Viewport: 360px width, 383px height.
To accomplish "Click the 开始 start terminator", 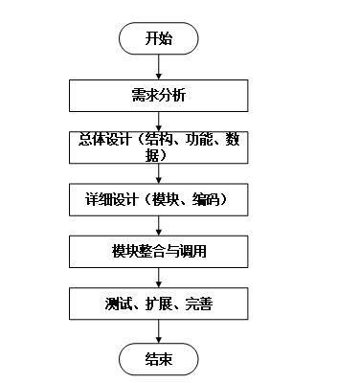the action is pos(159,38).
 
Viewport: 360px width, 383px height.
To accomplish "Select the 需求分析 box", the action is pos(159,96).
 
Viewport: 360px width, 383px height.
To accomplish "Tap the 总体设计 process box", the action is pos(159,147).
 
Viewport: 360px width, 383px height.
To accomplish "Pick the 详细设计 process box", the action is pos(159,200).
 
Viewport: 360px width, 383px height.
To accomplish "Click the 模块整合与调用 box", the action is pos(159,252).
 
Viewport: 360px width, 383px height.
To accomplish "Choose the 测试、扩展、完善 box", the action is pos(159,304).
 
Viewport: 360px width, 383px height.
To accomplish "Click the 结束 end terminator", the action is pos(159,359).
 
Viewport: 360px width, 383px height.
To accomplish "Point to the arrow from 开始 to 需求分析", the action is pos(159,67).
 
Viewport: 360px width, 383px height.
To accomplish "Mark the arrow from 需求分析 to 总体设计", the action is pos(159,122).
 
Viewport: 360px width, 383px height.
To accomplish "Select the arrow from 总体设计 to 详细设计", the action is pos(159,173).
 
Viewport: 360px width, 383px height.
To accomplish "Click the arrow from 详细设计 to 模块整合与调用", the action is pos(159,226).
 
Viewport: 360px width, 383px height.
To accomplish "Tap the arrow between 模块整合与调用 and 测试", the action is pos(159,278).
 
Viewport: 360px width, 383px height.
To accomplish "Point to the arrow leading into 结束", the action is pos(159,331).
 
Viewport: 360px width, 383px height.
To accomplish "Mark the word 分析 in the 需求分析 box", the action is pos(172,96).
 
